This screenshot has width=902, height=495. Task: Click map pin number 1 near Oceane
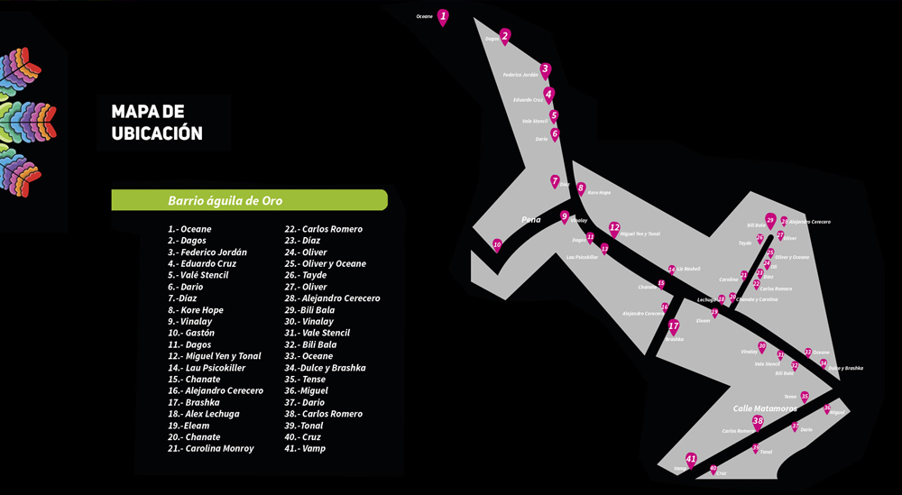(443, 16)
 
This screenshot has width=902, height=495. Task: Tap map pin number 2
(505, 36)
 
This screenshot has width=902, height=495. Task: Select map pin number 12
(614, 227)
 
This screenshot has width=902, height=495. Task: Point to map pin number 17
(673, 326)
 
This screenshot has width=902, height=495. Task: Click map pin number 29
(770, 220)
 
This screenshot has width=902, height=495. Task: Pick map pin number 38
(758, 421)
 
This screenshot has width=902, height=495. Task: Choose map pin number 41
(691, 460)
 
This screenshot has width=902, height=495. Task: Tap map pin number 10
(497, 244)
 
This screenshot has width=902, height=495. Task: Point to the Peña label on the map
(530, 219)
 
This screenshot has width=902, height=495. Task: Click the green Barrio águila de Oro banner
(249, 200)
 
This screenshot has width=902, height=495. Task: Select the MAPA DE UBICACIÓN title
(157, 122)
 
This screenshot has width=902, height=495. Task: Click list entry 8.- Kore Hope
(196, 310)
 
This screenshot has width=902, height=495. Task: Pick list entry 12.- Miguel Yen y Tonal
(215, 356)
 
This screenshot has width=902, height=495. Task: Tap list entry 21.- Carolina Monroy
(211, 449)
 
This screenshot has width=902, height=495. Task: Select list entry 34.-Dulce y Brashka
(325, 368)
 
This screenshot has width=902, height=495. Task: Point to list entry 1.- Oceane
(189, 229)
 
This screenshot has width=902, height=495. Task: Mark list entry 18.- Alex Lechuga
(204, 414)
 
